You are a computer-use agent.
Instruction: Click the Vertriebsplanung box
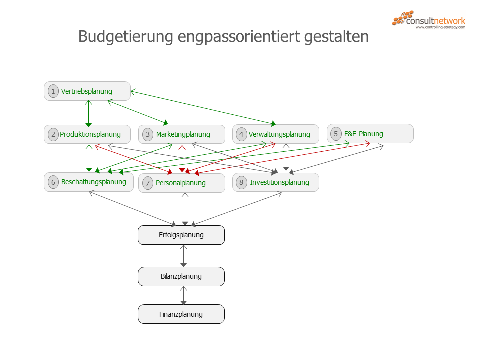(x=87, y=91)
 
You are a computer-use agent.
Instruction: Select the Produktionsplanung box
(x=87, y=134)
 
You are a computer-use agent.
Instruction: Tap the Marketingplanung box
(x=182, y=134)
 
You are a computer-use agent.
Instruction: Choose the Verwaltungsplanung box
(x=276, y=134)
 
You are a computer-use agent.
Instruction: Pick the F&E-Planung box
(x=370, y=134)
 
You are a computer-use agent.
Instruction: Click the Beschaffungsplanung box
(x=89, y=182)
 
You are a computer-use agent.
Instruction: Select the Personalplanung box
(x=182, y=183)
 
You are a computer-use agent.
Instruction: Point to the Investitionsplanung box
(x=276, y=182)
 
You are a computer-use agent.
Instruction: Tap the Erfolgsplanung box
(x=181, y=235)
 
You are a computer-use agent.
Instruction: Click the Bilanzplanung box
(x=181, y=276)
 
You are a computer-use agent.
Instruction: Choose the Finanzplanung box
(x=181, y=314)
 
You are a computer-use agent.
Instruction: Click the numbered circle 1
(x=53, y=91)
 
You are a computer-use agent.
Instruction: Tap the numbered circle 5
(x=336, y=134)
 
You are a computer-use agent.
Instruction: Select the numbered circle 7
(x=147, y=183)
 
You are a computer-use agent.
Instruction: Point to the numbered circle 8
(x=241, y=182)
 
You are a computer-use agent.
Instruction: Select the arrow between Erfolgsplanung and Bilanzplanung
(x=184, y=255)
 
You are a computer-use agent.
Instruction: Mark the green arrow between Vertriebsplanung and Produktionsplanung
(x=88, y=113)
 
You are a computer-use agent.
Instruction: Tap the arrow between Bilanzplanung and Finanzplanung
(x=184, y=295)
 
